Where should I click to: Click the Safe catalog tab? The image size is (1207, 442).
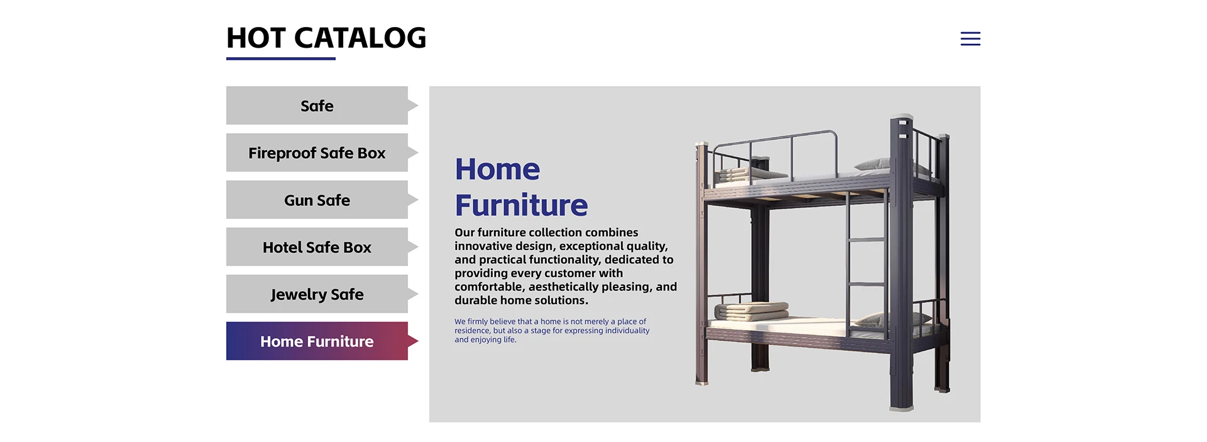click(317, 105)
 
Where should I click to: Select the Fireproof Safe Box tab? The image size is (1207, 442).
click(317, 153)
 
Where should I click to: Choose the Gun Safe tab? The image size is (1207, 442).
click(317, 200)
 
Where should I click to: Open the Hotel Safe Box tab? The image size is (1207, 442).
click(317, 247)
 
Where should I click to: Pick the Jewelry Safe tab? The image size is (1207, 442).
click(317, 294)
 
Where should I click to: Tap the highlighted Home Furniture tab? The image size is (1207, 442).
click(317, 341)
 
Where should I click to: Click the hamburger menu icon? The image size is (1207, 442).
click(970, 39)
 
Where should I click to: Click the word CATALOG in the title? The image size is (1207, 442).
click(360, 38)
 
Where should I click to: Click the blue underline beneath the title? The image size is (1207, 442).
click(281, 58)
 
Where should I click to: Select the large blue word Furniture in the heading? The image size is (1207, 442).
click(521, 205)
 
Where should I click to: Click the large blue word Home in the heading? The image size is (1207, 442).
click(497, 169)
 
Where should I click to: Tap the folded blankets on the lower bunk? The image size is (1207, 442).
click(751, 311)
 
